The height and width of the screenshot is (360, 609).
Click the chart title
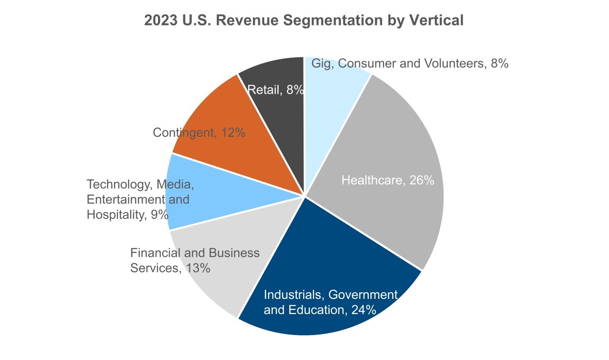pyautogui.click(x=304, y=21)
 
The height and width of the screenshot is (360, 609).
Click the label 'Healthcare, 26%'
pyautogui.click(x=388, y=180)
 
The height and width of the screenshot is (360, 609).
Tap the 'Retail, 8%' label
pyautogui.click(x=275, y=90)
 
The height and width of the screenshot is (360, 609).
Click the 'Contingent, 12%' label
pyautogui.click(x=199, y=133)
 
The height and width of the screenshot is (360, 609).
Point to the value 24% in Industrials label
pyautogui.click(x=364, y=310)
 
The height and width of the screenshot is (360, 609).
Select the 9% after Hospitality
pyautogui.click(x=159, y=215)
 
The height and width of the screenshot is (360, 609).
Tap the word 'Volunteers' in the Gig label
pyautogui.click(x=455, y=63)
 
